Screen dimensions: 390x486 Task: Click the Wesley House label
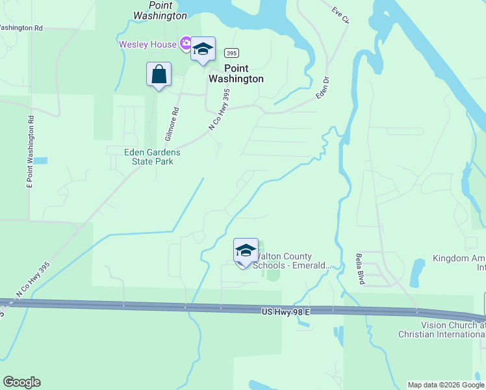tap(148, 44)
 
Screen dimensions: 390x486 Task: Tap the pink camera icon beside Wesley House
tap(186, 44)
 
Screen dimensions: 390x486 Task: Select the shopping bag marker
tap(159, 75)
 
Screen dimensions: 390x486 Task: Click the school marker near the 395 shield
tap(203, 49)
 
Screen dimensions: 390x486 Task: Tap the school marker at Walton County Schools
tap(246, 251)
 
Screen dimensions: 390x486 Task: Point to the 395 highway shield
tap(231, 52)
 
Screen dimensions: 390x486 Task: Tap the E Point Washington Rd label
tap(29, 153)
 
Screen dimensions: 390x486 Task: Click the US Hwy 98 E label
tap(286, 313)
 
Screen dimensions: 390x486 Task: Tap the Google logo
tap(21, 382)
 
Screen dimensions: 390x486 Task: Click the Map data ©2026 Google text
tap(446, 385)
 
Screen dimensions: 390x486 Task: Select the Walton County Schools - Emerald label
tap(292, 261)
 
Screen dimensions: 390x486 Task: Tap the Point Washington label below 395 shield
tap(236, 73)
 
